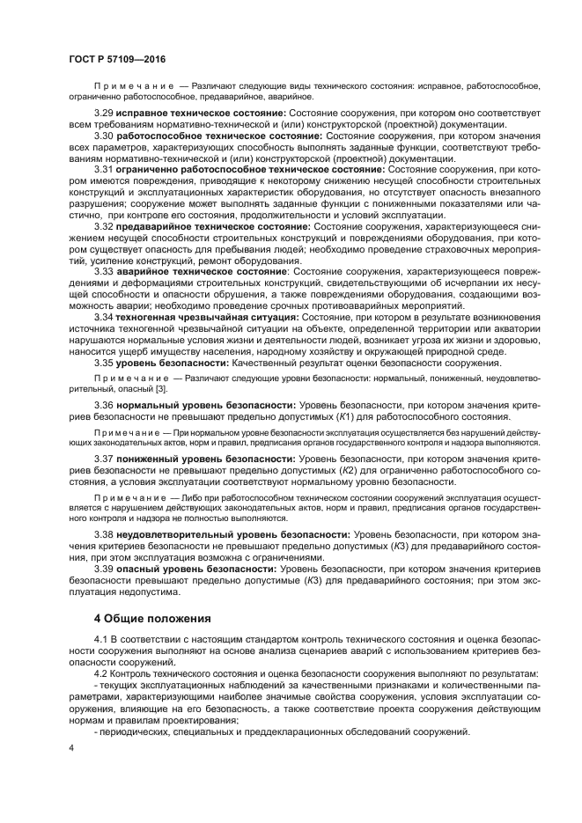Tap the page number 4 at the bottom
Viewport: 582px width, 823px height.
(71, 748)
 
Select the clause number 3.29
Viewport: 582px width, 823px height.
(104, 114)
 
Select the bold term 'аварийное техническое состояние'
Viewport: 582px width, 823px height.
(202, 272)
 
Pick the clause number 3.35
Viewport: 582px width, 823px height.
(104, 362)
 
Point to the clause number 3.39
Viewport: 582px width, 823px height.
(104, 569)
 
